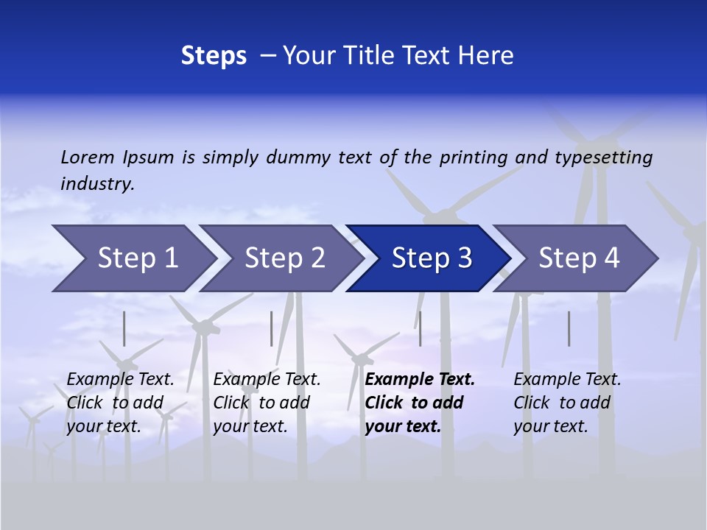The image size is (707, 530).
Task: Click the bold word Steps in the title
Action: coord(214,56)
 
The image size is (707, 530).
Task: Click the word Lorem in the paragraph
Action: coord(87,158)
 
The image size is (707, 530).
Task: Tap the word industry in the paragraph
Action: coord(96,184)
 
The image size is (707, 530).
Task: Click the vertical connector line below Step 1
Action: coord(124,328)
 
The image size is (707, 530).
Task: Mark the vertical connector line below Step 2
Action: coord(272,328)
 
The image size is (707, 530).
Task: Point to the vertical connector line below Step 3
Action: coord(420,328)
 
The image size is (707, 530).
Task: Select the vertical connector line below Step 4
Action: coord(569,328)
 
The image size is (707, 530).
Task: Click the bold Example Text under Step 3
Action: coord(420,380)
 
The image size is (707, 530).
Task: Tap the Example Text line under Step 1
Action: coord(120,380)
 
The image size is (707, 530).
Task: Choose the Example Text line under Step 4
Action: coord(567,380)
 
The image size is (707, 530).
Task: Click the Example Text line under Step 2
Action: coord(267,380)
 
